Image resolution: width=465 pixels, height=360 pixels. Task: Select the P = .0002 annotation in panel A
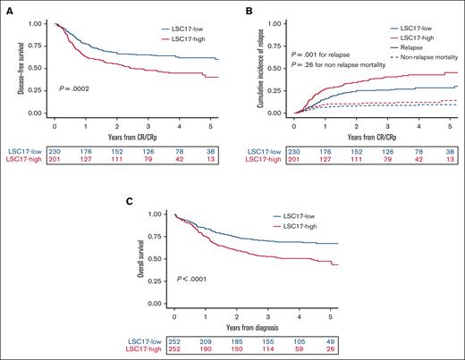(73, 89)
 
